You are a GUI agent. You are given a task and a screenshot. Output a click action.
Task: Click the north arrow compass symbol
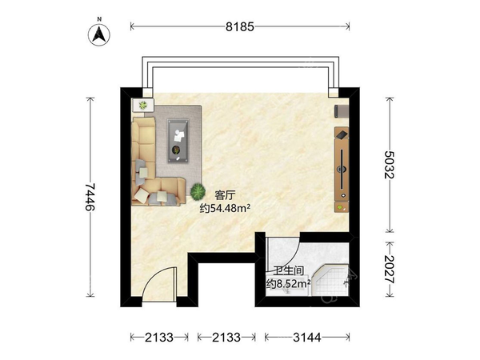click(99, 34)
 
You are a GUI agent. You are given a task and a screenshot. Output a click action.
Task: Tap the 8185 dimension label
click(240, 27)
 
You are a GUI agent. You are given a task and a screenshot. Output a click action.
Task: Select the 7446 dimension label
click(90, 197)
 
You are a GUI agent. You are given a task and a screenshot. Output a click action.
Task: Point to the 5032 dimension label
click(390, 164)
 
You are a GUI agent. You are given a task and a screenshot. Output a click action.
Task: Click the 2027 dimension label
click(390, 270)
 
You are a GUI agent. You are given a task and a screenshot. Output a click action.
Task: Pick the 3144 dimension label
click(307, 338)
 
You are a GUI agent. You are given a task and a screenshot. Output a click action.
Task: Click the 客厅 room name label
click(226, 195)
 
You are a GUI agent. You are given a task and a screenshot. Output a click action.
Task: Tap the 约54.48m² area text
click(225, 209)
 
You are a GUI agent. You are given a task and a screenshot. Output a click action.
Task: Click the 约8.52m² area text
click(288, 284)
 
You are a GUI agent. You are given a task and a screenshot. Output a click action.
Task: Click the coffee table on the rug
click(178, 141)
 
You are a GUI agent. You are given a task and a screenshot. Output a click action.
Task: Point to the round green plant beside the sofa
click(198, 191)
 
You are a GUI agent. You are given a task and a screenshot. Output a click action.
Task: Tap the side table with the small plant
click(142, 106)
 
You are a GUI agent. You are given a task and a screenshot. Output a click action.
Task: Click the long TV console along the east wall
click(342, 170)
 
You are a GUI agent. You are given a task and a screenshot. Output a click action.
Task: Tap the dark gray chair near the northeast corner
click(341, 111)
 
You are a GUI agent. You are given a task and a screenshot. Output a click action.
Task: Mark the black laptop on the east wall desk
click(342, 134)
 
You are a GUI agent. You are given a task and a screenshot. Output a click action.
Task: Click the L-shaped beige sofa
click(151, 168)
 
